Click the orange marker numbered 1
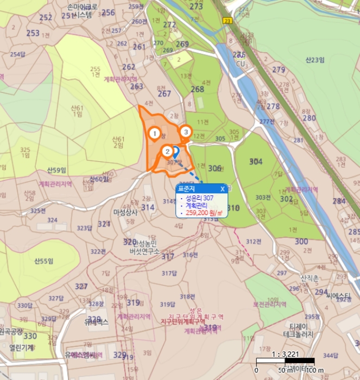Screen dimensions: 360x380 click(x=154, y=133)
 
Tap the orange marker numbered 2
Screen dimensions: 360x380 click(x=168, y=151)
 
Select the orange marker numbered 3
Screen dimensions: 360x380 click(x=186, y=131)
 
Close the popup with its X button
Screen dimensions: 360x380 click(x=223, y=189)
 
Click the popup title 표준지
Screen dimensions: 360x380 click(x=186, y=189)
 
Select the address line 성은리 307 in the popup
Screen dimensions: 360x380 click(x=199, y=198)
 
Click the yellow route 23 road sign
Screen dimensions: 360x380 click(x=226, y=20)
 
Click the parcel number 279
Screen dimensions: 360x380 click(x=279, y=69)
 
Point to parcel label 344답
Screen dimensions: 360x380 click(x=330, y=355)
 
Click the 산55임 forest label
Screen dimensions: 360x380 click(x=43, y=262)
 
